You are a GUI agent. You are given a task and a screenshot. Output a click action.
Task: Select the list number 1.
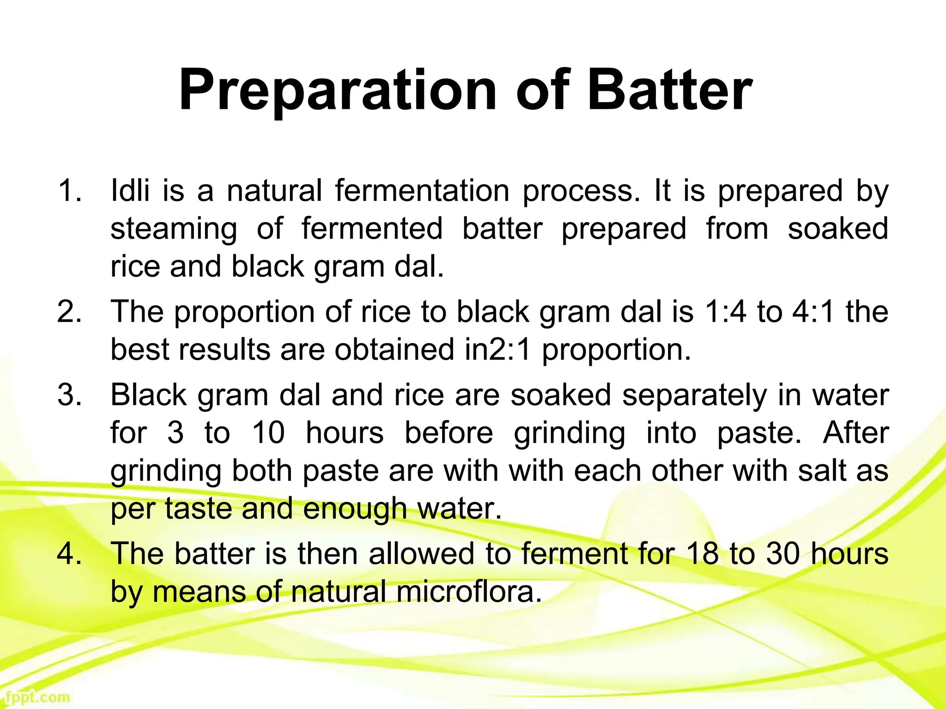coord(69,191)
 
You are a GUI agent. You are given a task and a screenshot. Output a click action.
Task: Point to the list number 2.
coord(69,312)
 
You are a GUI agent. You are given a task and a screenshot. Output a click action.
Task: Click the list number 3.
coord(69,395)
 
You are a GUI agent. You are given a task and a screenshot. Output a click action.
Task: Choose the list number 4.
coord(69,553)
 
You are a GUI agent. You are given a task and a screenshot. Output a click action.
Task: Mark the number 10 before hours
coord(268,433)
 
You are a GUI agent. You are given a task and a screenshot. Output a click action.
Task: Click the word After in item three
coord(855,433)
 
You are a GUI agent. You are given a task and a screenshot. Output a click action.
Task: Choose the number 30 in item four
coord(782,553)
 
